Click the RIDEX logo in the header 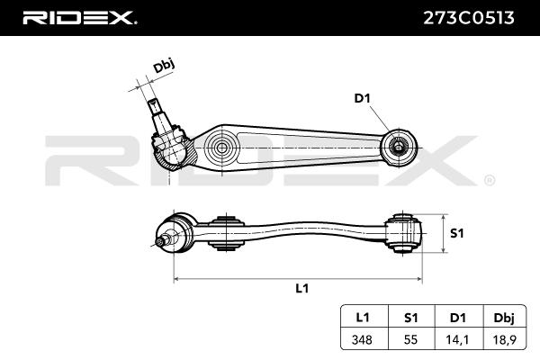coord(79,17)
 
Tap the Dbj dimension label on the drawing coord(162,66)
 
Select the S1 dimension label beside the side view coord(456,233)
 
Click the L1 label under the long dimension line coord(302,288)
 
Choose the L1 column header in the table coord(363,317)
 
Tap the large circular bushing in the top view coord(220,147)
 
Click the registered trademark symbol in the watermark coord(489,181)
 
